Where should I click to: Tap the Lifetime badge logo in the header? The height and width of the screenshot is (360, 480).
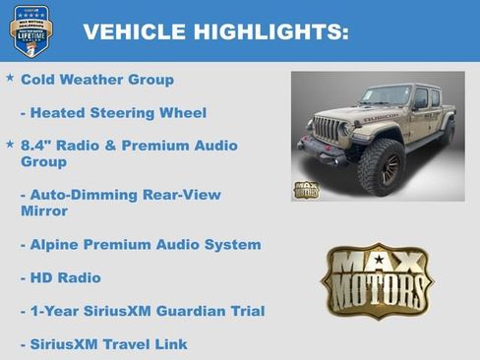(30, 30)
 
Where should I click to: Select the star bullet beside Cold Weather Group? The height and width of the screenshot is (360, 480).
(10, 77)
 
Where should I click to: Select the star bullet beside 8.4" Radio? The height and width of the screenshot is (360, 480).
(10, 144)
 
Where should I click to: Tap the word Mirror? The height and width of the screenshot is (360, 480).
(44, 211)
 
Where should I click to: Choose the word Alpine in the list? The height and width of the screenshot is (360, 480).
(58, 245)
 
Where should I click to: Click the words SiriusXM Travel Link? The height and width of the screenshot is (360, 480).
(108, 344)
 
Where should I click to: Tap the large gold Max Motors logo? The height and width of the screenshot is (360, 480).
(377, 281)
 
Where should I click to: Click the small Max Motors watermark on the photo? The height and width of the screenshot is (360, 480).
(306, 189)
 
